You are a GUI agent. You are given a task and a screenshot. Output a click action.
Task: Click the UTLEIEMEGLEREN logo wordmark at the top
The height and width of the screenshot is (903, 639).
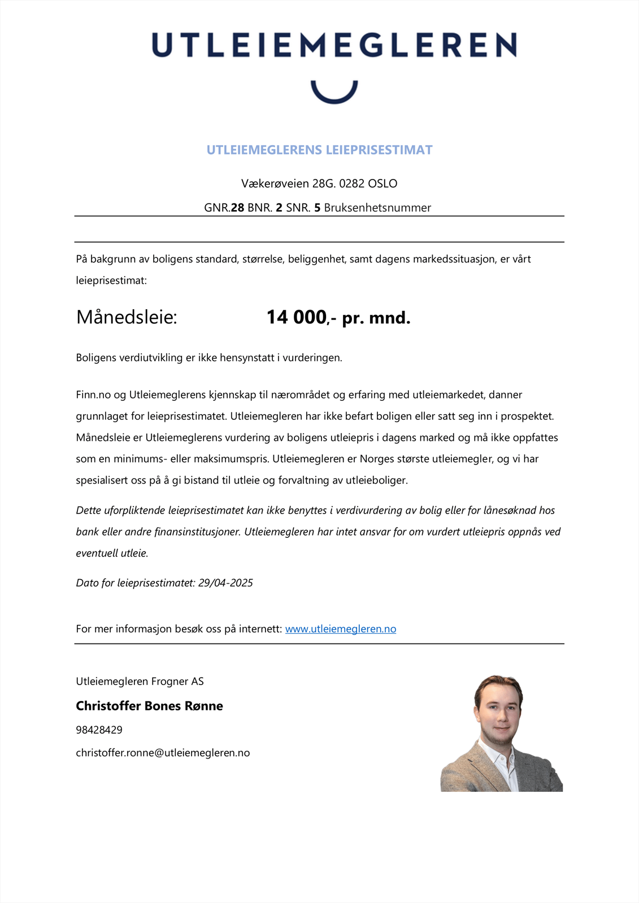tap(334, 45)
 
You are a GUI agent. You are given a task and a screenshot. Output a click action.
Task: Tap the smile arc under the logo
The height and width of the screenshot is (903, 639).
tap(334, 96)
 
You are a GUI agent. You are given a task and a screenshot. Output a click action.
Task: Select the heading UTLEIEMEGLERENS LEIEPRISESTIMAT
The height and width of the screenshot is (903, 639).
tap(319, 150)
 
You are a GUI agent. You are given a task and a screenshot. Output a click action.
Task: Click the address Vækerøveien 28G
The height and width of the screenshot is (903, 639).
tap(289, 183)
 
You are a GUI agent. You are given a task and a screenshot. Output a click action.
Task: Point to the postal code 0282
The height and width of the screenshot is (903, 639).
tap(351, 183)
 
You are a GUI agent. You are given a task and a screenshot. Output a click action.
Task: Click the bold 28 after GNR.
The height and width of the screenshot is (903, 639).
tap(237, 208)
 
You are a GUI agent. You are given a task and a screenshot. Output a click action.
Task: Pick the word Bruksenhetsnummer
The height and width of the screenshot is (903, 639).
tap(377, 208)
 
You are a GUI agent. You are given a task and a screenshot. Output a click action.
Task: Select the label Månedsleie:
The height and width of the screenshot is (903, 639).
tap(127, 317)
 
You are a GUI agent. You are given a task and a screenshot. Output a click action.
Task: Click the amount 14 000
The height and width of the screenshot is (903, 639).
tap(296, 317)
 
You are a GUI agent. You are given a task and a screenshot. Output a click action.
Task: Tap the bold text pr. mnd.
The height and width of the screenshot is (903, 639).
tap(376, 318)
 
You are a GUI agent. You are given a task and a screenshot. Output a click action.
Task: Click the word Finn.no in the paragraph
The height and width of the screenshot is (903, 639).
tap(93, 394)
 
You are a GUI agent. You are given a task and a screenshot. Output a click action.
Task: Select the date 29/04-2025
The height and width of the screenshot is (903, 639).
tap(225, 583)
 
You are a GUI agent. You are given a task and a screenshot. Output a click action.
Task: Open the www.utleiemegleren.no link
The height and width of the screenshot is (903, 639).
tap(340, 629)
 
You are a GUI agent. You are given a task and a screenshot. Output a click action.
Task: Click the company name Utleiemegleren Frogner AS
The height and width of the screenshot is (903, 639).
tap(140, 681)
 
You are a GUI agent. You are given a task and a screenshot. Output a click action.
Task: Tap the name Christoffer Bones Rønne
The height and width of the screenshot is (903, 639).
tap(149, 706)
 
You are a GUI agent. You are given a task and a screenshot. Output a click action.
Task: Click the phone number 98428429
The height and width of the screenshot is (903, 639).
tap(99, 730)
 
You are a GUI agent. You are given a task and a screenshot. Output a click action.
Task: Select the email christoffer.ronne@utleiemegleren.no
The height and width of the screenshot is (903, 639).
tap(163, 753)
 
